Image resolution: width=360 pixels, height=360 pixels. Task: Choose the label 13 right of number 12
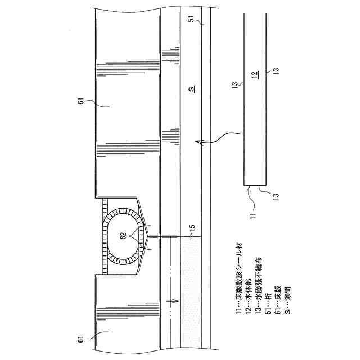(276, 71)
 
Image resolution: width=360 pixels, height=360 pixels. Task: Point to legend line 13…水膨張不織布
(256, 281)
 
